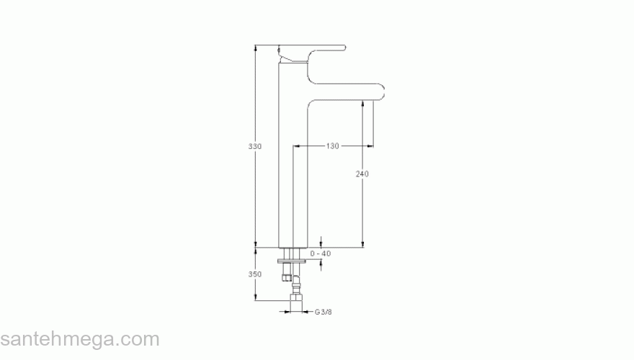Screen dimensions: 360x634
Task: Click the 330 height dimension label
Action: (255, 146)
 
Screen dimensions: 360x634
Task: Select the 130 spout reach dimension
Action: (332, 146)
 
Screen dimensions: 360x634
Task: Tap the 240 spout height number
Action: (362, 174)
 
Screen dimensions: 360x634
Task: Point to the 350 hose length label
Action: (255, 274)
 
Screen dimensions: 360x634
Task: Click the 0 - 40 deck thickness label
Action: (321, 253)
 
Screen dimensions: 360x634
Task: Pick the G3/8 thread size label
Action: (323, 312)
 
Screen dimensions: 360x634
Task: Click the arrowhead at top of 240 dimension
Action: (362, 105)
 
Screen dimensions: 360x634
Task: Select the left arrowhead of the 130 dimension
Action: (296, 146)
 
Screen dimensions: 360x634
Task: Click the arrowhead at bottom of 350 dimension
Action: (255, 297)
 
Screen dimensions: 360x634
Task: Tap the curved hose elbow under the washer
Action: (297, 279)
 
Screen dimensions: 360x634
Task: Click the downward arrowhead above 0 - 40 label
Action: (321, 243)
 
